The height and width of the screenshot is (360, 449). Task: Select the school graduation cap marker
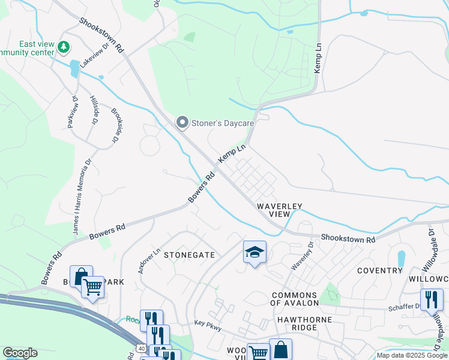point(255,253)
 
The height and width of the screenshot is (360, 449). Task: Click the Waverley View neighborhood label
point(279,209)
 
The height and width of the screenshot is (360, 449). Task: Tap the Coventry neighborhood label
point(379,271)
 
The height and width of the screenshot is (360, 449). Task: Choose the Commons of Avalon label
point(294,299)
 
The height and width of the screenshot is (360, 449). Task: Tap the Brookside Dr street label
point(115,125)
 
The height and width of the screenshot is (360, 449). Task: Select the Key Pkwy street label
point(206,322)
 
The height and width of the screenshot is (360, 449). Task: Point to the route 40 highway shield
point(140,347)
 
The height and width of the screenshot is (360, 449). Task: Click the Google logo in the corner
point(20,353)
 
